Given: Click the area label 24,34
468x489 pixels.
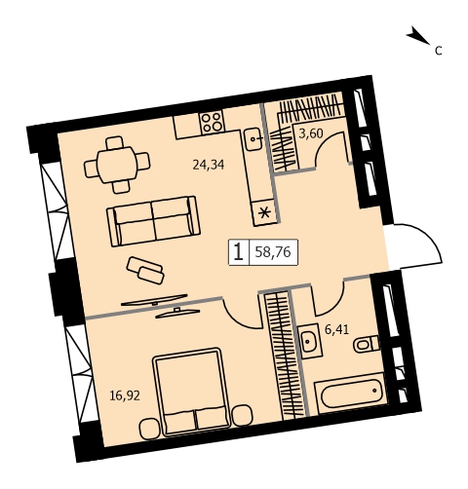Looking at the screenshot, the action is pos(209,165).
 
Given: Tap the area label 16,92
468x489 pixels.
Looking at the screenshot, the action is pos(125,395).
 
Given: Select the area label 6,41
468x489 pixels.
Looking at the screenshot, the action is pos(337,329).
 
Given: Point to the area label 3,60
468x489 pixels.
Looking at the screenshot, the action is pos(311,133).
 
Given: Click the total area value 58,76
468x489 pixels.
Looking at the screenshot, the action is pos(273,252).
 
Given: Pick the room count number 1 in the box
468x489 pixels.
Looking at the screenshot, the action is pos(239,252).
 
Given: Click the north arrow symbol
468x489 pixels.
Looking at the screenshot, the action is pos(418,35).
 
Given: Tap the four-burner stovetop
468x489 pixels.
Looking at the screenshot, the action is pos(213,122).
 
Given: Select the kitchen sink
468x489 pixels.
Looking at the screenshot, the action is pos(253,138).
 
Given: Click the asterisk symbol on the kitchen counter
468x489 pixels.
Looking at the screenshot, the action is pos(265,213).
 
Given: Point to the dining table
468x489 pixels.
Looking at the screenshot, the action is pos(117,165).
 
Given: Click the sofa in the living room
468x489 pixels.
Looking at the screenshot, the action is pos(153,221).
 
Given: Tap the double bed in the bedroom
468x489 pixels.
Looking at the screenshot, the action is pos(191,392).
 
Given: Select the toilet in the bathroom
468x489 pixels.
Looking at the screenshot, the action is pos(367,344).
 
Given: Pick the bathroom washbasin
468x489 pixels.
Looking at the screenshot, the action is pos(310,341).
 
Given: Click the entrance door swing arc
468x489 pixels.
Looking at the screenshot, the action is pos(428,236).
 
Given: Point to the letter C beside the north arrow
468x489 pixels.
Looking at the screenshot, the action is pos(439,51).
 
